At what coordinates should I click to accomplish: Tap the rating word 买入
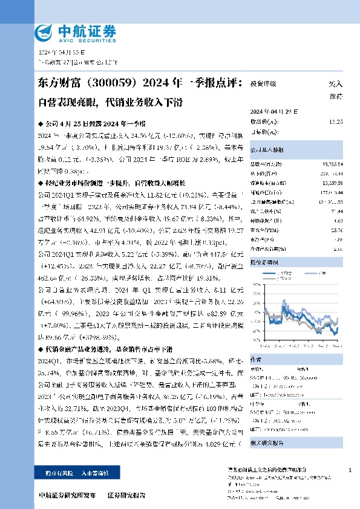pos(335,84)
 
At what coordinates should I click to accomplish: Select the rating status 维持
pos(335,96)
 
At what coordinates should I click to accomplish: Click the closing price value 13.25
pos(336,122)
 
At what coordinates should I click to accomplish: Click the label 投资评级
pos(263,84)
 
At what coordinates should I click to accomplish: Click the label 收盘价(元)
pos(264,122)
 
